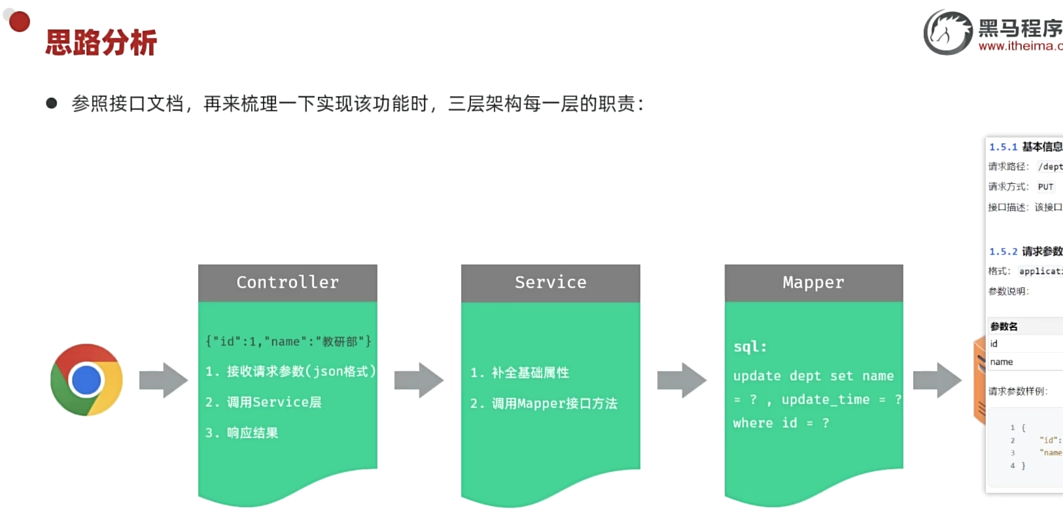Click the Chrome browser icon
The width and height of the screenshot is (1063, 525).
click(86, 380)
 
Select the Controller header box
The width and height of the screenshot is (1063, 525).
click(288, 283)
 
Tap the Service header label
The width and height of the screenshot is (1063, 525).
click(550, 283)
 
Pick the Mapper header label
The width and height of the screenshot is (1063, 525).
click(813, 283)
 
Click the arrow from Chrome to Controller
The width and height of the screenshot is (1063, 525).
click(164, 380)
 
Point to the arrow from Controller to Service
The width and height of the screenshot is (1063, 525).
click(419, 380)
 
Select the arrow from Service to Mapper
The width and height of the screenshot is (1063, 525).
click(682, 380)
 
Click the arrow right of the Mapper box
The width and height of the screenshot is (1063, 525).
click(937, 380)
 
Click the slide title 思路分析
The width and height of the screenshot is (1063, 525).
click(101, 43)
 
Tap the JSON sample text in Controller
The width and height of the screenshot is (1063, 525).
click(288, 342)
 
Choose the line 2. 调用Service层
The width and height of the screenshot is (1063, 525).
click(264, 402)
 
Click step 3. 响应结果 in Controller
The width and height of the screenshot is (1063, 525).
click(242, 433)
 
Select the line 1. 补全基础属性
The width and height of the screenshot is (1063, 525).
click(520, 372)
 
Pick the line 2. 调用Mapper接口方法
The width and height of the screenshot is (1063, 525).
click(544, 403)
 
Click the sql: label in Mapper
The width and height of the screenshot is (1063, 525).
click(750, 347)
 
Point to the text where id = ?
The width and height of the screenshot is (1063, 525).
click(781, 423)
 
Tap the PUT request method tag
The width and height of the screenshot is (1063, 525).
click(1045, 187)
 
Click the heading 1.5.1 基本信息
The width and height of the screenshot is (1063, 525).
click(1025, 147)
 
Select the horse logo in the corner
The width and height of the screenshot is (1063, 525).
click(948, 32)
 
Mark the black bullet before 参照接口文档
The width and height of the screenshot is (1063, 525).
click(52, 103)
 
